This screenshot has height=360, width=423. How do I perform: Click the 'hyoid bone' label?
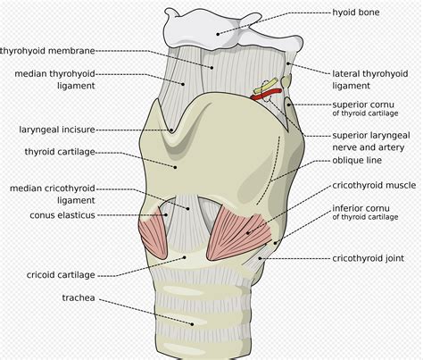click(356, 13)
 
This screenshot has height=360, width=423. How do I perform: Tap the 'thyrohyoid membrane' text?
click(47, 51)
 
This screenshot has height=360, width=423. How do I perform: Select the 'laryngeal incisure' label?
click(57, 130)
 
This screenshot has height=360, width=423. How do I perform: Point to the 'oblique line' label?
click(357, 160)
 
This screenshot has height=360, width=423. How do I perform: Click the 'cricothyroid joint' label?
click(368, 258)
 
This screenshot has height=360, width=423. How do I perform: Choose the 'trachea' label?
click(79, 297)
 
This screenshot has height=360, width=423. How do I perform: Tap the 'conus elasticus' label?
click(62, 215)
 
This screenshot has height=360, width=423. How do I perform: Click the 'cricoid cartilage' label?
click(61, 274)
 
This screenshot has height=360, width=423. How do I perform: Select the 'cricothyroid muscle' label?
click(374, 185)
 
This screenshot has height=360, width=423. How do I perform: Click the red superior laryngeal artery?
click(266, 94)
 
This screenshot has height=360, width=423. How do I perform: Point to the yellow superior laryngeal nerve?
click(266, 85)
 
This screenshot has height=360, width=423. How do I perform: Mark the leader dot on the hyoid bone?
click(218, 34)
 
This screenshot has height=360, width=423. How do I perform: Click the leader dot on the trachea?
click(193, 324)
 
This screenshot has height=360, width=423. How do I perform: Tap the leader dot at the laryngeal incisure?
click(171, 130)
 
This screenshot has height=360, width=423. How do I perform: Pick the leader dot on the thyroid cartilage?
click(175, 167)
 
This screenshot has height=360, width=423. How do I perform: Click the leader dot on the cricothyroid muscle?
click(248, 233)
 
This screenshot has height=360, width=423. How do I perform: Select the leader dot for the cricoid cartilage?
click(185, 257)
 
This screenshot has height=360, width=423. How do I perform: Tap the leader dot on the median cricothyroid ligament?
click(188, 209)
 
